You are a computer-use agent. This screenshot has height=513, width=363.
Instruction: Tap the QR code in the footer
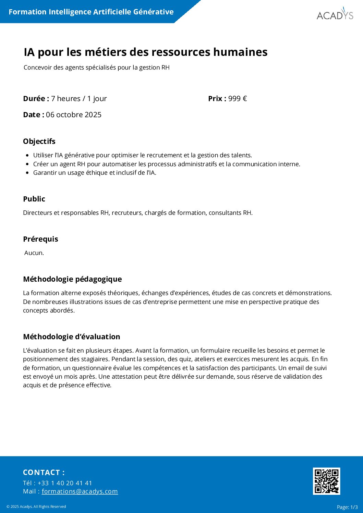click(326, 481)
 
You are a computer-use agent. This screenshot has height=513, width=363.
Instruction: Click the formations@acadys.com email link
click(80, 491)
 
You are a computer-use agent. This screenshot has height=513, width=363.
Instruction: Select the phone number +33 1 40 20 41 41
click(65, 483)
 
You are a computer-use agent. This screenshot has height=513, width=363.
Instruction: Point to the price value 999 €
click(238, 99)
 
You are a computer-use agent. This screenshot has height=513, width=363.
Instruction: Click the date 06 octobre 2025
click(74, 115)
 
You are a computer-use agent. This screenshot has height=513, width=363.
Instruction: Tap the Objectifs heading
click(39, 141)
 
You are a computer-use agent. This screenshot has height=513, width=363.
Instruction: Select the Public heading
click(34, 199)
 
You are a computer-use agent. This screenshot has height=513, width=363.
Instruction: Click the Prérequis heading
click(40, 239)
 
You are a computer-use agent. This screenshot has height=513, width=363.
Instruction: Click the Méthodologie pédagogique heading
click(72, 279)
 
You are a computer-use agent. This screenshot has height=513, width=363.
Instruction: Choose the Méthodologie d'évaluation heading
click(71, 337)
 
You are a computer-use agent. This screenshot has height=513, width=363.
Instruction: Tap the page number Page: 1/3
click(347, 507)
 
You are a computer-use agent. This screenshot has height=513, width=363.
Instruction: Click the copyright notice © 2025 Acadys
click(36, 506)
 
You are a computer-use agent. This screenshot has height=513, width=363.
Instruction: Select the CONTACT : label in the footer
click(44, 472)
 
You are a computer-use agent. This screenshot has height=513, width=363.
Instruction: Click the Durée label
click(36, 99)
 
